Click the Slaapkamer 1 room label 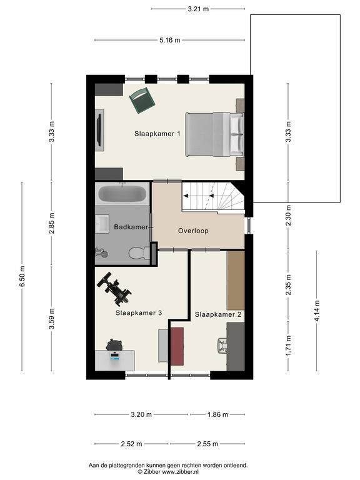157,134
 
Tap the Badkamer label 131,227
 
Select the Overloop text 194,231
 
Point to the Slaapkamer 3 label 139,313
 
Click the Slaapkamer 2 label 218,314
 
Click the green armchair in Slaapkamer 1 142,100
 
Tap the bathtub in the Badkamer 122,194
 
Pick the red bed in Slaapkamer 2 177,346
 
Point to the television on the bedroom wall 99,130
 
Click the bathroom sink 102,224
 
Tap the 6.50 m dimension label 22,276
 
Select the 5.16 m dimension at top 170,40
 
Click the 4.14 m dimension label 317,311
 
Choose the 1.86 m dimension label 218,415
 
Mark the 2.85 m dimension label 51,224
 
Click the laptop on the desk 114,356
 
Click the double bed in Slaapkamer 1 215,134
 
